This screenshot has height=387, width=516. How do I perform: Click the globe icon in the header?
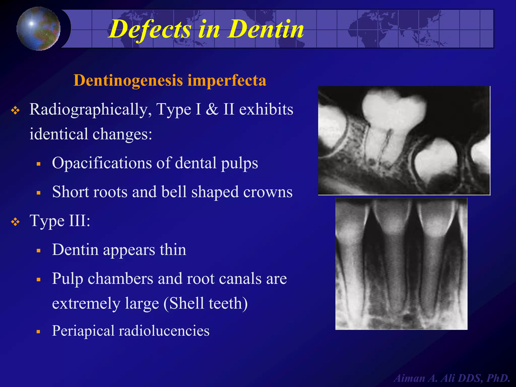38,28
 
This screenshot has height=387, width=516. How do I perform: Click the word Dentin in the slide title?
266,29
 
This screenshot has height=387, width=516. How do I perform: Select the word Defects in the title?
150,29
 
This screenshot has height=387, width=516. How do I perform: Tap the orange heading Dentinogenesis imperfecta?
170,80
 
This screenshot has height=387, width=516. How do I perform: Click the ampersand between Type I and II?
212,110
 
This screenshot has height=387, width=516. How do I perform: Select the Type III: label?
60,221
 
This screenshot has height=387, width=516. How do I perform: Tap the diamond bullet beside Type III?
15,222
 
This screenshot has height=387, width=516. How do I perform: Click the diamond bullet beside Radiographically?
15,110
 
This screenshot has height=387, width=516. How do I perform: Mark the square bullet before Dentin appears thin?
39,251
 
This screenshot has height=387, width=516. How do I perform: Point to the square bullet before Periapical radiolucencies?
39,332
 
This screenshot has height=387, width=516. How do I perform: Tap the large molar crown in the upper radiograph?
394,108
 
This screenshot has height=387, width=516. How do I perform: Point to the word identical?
59,134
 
